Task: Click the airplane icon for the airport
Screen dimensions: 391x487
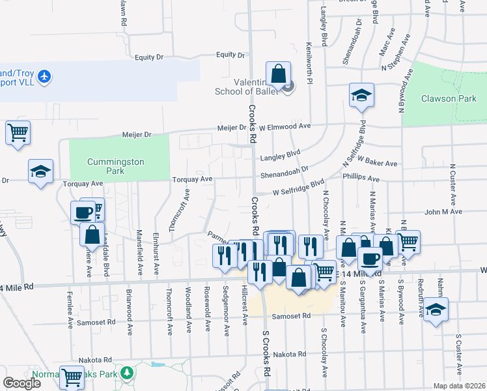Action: pos(44,77)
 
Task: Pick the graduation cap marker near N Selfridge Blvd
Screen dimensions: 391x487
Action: pos(361,95)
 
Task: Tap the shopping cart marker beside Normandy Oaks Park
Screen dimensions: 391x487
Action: pos(72,376)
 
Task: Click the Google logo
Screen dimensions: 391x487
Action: pos(21,383)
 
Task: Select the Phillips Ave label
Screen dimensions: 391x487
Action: pos(361,179)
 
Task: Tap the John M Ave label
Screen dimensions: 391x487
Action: pos(443,212)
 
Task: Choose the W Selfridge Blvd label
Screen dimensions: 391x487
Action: pos(298,188)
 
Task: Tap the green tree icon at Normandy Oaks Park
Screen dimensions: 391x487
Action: pos(128,373)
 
